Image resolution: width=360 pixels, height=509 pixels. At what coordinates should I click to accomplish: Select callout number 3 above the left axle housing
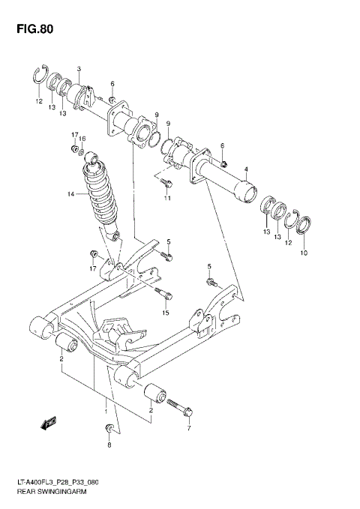coord(79,70)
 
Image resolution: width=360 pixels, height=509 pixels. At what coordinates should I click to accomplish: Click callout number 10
coord(304,253)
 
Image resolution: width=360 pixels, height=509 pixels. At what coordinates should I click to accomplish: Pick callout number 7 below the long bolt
coord(189,429)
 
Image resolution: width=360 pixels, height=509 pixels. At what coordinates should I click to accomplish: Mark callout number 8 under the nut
coord(109,445)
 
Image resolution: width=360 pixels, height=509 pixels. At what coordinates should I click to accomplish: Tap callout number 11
coord(168,198)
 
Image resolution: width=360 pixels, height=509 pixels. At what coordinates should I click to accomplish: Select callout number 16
coord(83,139)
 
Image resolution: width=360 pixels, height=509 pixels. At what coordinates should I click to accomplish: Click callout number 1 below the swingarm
coord(106,412)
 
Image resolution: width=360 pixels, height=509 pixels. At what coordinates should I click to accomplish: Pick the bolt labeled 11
coord(166,181)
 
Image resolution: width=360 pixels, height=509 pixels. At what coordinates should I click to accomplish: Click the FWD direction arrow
coord(49,424)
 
